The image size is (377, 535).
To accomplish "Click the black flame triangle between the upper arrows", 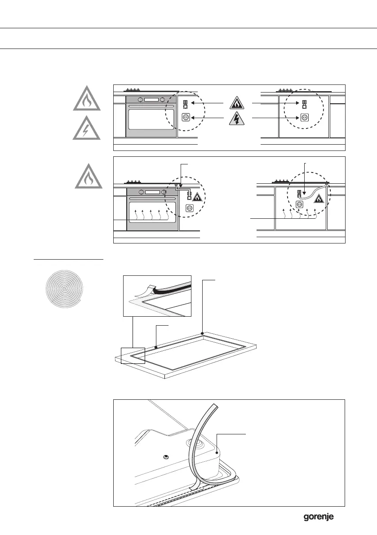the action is point(238,103).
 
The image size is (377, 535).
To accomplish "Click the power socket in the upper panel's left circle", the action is point(185,118).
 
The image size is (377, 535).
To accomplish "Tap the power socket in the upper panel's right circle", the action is point(304,118).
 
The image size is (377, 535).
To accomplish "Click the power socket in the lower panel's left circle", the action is point(190,208).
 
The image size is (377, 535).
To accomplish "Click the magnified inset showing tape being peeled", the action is point(157,296).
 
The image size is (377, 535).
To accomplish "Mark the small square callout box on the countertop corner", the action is point(133,355).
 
